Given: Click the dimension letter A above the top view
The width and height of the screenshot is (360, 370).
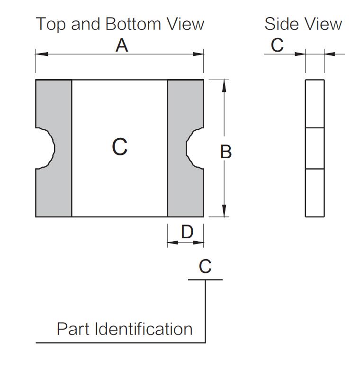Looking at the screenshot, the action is [x=122, y=45].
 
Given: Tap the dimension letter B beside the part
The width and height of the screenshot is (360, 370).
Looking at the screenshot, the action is [x=226, y=152].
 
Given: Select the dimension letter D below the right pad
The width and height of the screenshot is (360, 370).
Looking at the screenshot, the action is [x=187, y=232].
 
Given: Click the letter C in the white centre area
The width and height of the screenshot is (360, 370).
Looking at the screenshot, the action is [x=120, y=147].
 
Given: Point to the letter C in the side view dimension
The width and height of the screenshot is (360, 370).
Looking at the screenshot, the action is [x=277, y=45].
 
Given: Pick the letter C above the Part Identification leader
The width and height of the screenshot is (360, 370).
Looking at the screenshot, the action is [x=205, y=266].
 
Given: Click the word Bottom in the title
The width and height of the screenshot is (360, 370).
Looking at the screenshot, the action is [x=133, y=24].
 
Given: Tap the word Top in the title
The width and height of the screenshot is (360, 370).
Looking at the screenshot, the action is [x=51, y=25].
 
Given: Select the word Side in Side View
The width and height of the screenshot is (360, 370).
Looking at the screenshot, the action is [x=280, y=24].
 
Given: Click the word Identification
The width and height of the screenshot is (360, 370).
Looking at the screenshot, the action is [x=144, y=329].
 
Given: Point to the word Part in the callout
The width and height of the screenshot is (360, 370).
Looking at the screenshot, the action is [x=73, y=329].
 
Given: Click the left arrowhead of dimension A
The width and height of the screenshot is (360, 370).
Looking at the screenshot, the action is [x=42, y=54].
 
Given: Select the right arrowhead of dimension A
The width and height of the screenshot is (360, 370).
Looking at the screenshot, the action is [x=198, y=54].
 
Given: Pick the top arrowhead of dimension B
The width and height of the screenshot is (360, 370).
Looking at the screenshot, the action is [x=224, y=86].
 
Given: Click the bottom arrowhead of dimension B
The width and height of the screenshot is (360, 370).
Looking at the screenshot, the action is [x=224, y=211].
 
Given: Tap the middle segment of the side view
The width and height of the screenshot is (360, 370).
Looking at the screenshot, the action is [x=315, y=148].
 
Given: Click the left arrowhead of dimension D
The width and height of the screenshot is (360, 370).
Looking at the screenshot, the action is [x=173, y=243].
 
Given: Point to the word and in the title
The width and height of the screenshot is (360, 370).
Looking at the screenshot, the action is [x=85, y=24].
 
